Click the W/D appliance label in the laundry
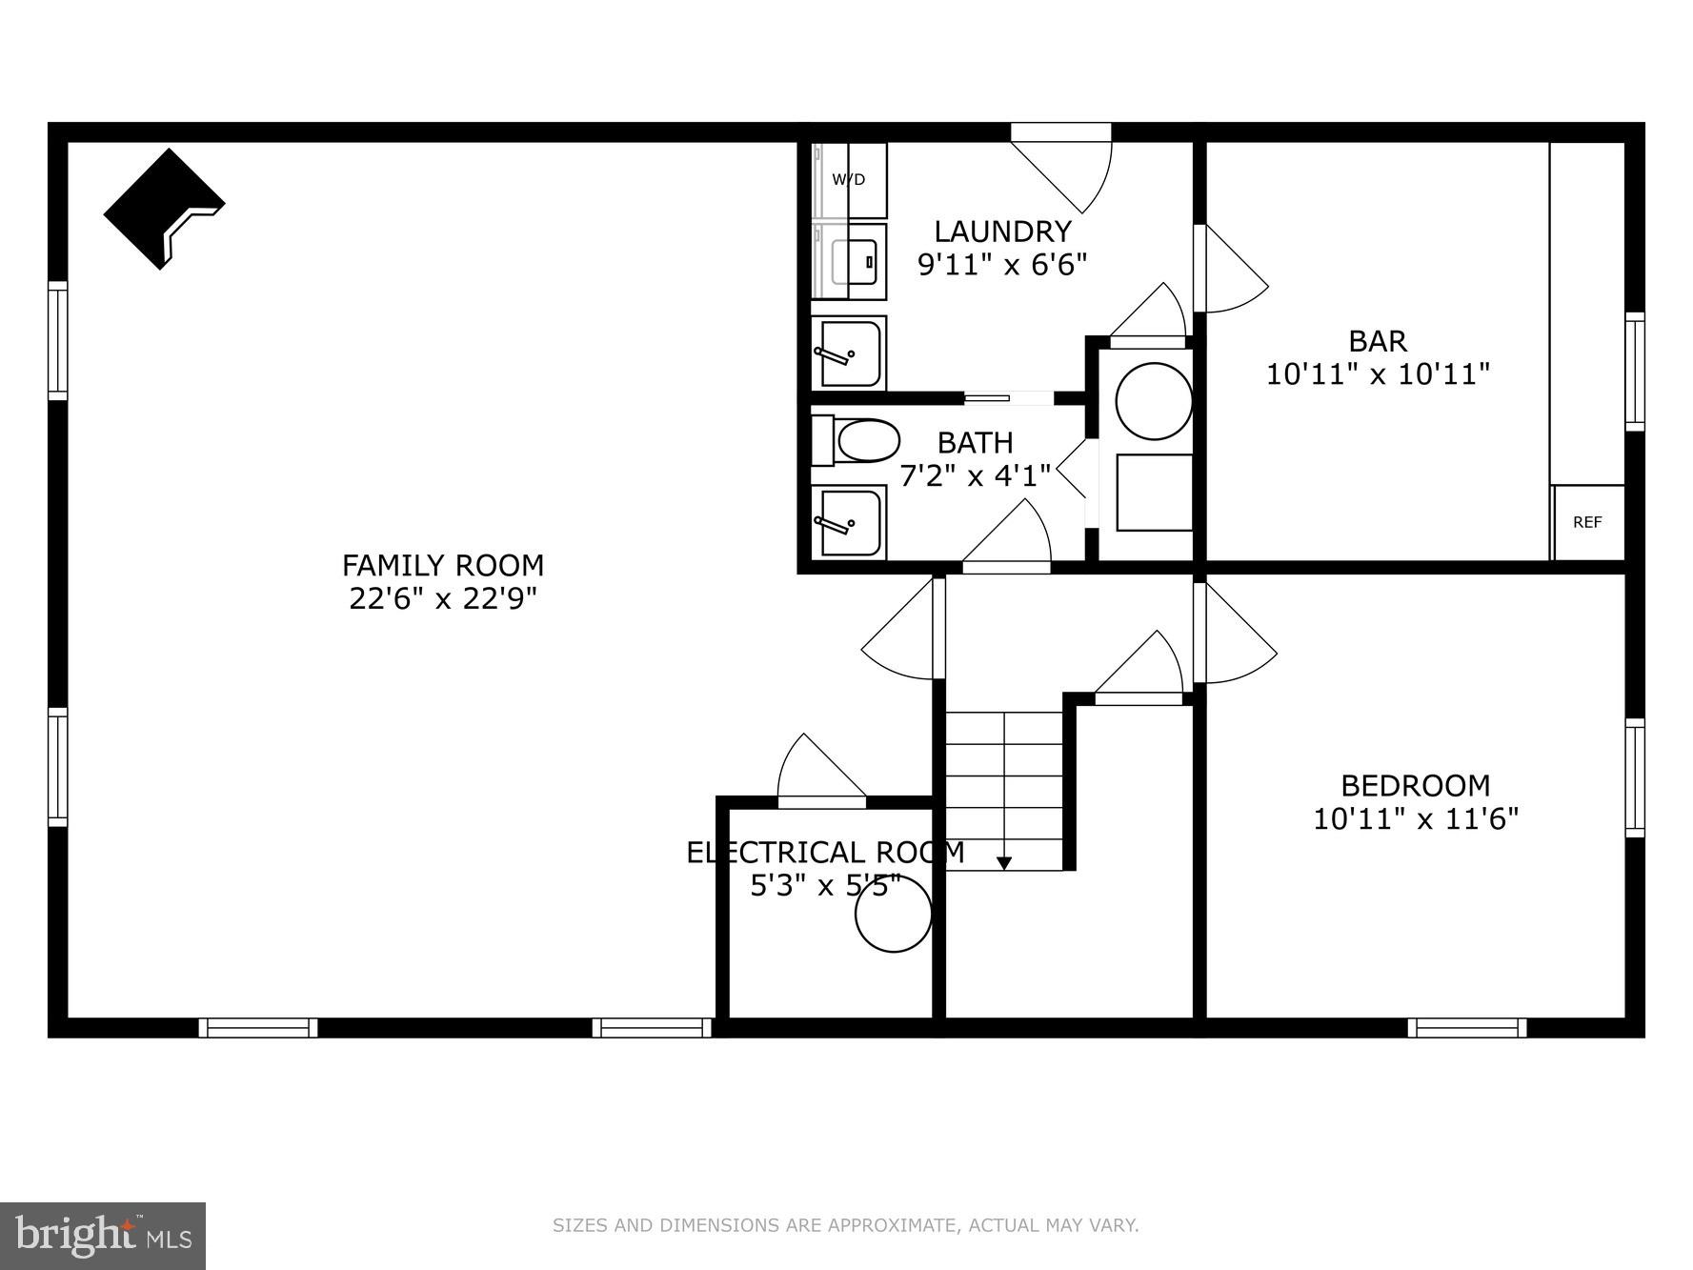click(x=848, y=179)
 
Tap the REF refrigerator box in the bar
click(x=1587, y=522)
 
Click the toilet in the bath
click(x=857, y=441)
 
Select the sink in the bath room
click(x=849, y=521)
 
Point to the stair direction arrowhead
click(x=1003, y=863)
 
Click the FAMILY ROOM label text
click(x=443, y=566)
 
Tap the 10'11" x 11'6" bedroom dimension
click(x=1416, y=818)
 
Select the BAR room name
click(x=1378, y=341)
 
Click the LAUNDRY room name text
click(x=1002, y=232)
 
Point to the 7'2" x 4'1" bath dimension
click(x=975, y=474)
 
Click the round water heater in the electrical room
click(x=893, y=915)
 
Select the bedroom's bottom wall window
click(x=1466, y=1028)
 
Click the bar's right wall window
click(x=1634, y=372)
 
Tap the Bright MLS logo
click(x=103, y=1236)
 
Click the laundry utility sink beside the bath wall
click(x=849, y=353)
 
